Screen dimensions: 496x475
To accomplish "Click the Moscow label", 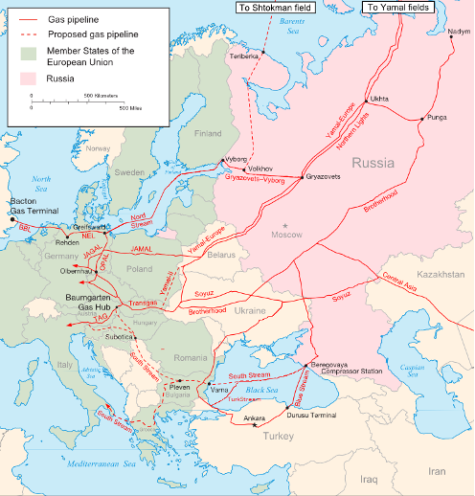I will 283,235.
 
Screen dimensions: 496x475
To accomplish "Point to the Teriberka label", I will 243,56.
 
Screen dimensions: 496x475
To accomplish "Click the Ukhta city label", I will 380,99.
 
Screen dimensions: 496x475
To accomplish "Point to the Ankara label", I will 253,418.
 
